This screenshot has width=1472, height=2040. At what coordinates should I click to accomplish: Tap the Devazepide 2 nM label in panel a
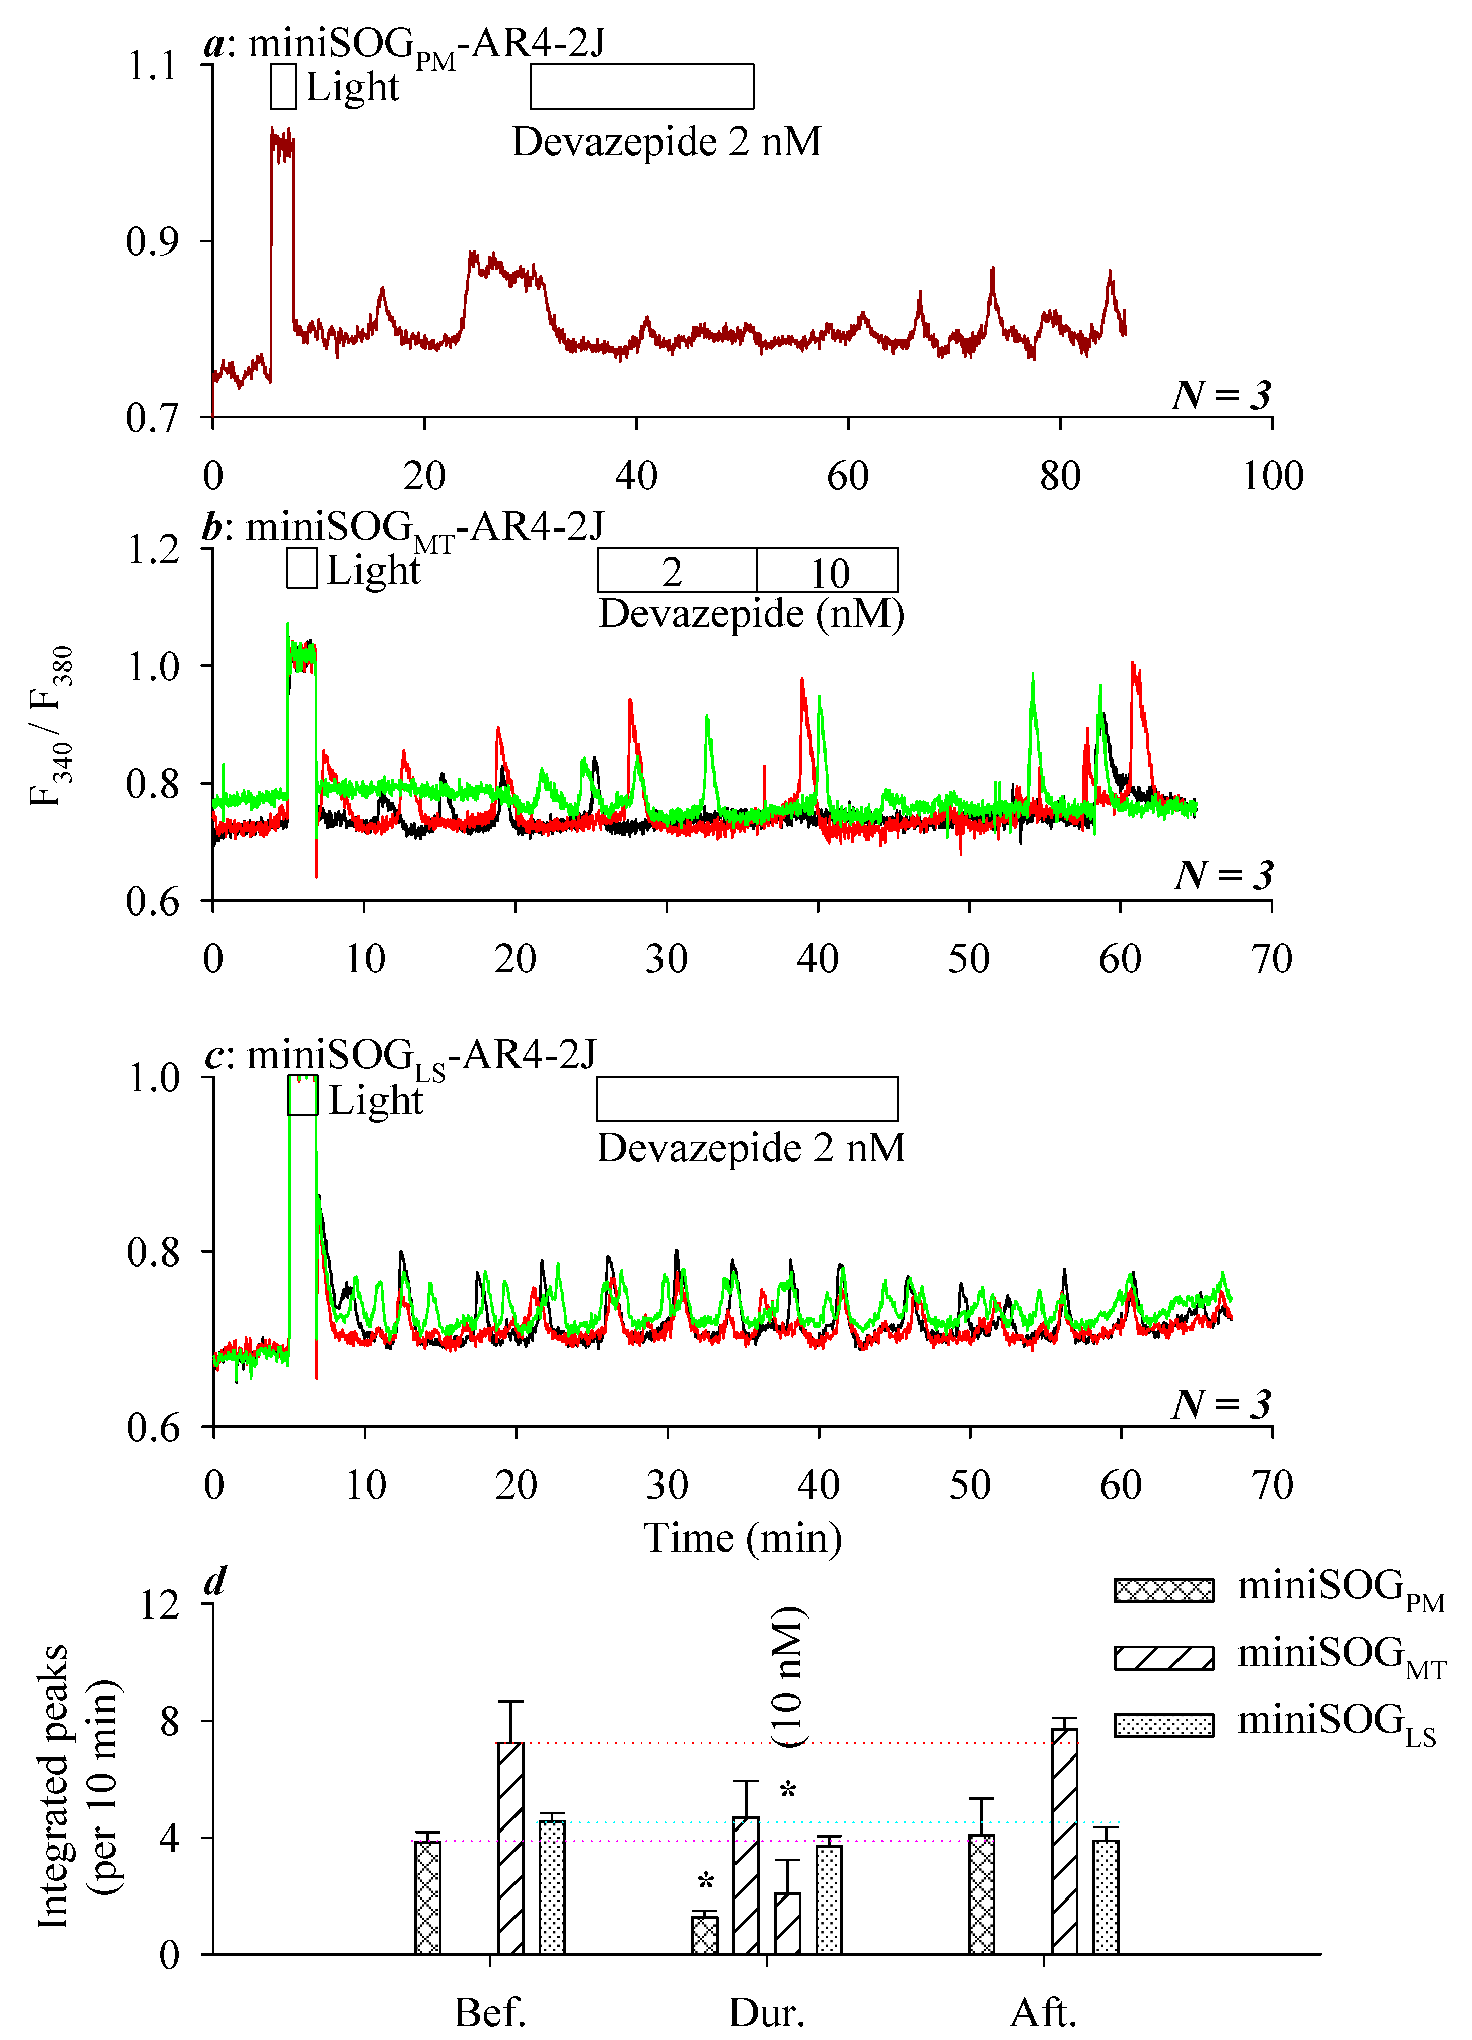[667, 142]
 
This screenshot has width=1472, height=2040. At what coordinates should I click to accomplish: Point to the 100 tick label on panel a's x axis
[1272, 476]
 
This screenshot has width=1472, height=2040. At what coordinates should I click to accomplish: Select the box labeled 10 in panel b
[827, 570]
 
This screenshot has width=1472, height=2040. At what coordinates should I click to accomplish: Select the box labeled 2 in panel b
[676, 570]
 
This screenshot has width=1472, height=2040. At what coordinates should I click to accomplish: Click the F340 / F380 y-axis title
[51, 727]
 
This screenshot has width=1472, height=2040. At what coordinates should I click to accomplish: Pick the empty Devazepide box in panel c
[747, 1098]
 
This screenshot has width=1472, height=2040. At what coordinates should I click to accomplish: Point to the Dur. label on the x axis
[766, 2013]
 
